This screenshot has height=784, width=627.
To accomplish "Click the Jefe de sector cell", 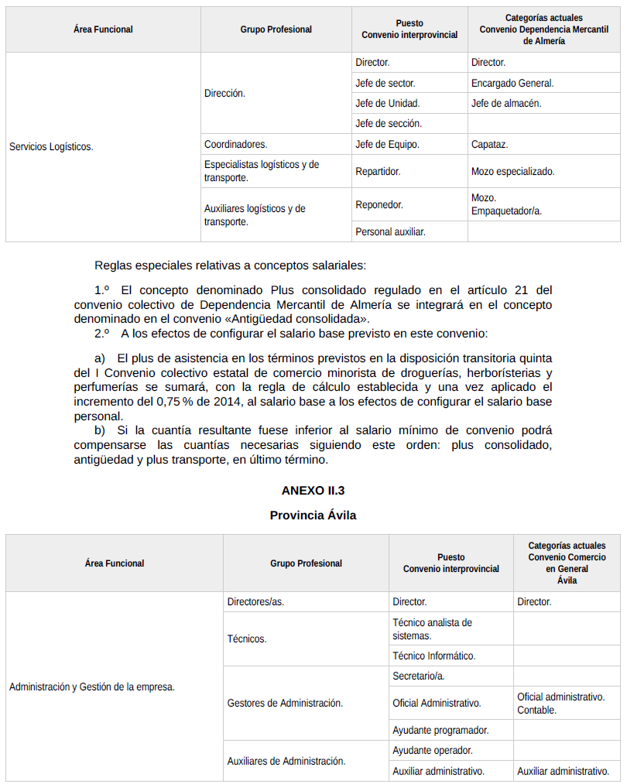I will (385, 83).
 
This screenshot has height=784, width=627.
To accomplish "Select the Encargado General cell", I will (512, 83).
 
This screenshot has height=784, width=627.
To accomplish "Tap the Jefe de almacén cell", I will (506, 103).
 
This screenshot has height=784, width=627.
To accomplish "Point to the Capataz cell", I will (490, 144).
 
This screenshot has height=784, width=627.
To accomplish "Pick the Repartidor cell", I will (378, 171).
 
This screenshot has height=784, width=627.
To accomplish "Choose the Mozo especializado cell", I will (512, 171).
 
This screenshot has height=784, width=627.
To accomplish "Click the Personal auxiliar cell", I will (390, 231).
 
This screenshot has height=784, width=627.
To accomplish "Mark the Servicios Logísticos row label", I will (51, 146).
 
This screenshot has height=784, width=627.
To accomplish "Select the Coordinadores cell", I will (236, 144).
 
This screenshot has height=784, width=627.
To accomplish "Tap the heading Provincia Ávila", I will (313, 515).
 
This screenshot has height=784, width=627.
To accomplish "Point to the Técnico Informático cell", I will (433, 656).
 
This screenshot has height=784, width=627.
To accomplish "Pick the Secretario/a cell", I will (418, 676).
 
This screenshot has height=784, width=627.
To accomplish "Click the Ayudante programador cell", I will (440, 730).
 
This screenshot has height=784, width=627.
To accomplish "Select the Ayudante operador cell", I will (432, 750).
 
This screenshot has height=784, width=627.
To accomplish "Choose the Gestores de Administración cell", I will (285, 703).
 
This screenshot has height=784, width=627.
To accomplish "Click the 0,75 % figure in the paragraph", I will (173, 402).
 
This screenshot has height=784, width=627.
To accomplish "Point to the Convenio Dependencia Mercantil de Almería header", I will (543, 35).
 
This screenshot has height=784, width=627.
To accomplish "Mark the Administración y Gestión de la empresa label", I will (91, 686).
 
